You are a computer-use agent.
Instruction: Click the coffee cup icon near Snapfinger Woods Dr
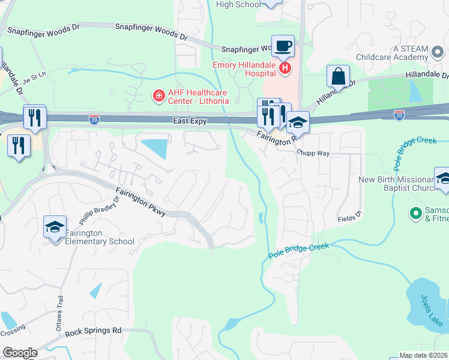[283, 46]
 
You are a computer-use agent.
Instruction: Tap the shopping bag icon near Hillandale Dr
[338, 76]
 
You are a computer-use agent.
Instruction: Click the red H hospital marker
[285, 69]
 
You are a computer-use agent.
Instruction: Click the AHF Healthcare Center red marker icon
[158, 95]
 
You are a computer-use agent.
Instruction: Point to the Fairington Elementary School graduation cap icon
[54, 227]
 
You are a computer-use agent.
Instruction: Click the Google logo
[20, 353]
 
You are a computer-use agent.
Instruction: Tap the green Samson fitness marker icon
[414, 212]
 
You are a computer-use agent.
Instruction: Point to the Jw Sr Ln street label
[34, 79]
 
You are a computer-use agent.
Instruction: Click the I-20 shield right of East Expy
[399, 113]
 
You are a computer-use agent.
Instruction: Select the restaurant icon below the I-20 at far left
[19, 145]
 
